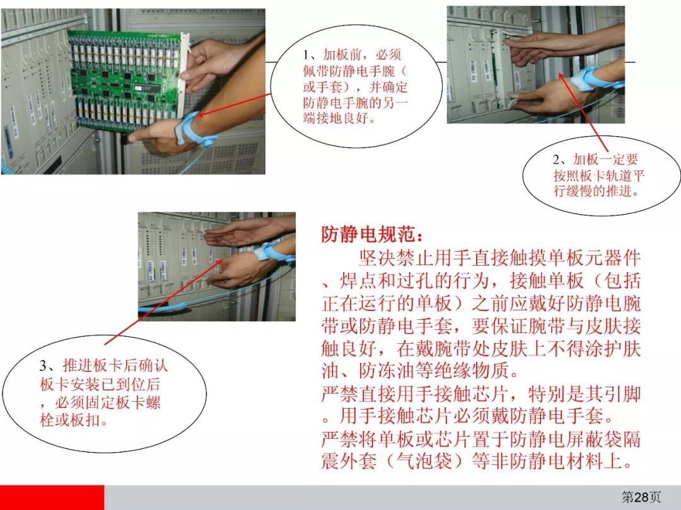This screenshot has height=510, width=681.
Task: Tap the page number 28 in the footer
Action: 641,497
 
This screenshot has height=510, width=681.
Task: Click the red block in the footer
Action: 52,497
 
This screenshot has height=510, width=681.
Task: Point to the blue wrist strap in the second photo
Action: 586,78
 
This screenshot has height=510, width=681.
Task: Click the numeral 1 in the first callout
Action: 307,55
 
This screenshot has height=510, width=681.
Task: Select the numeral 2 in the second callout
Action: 557,159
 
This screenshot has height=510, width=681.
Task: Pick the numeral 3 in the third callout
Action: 43,366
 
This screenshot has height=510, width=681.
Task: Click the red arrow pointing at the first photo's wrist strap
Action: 235,104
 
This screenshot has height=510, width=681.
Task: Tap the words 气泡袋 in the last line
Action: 424,460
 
